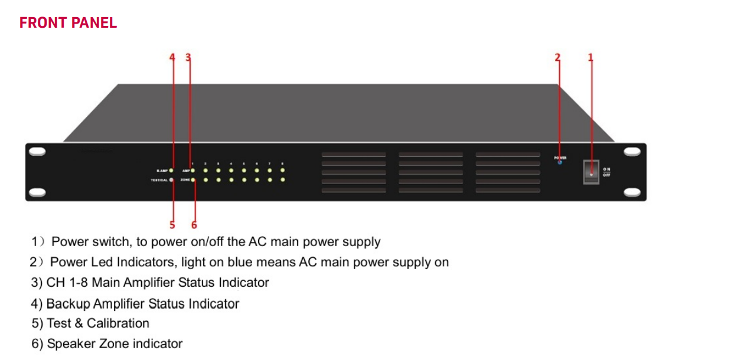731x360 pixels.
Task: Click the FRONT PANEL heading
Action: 68,23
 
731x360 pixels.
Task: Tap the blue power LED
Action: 560,163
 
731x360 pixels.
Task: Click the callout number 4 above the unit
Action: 172,57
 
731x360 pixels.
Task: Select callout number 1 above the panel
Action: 590,57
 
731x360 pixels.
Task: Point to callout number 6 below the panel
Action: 194,225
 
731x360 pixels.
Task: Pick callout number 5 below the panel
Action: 172,225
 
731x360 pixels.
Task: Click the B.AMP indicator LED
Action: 171,171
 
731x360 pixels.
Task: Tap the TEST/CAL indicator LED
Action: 171,179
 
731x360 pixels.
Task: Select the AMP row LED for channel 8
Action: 283,171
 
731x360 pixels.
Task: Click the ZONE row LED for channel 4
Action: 231,179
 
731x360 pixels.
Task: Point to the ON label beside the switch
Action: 606,169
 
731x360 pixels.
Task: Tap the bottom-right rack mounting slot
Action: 632,192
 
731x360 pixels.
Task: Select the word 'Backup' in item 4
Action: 66,304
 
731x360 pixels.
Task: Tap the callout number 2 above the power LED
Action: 557,57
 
